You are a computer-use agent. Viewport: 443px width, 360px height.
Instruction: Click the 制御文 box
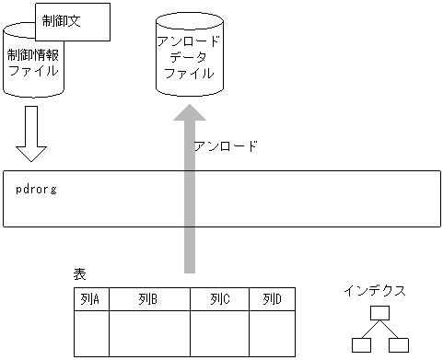click(x=73, y=21)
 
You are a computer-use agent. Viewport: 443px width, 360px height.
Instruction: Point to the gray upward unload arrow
click(x=189, y=193)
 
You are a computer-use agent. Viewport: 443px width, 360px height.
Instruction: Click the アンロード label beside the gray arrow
click(x=226, y=146)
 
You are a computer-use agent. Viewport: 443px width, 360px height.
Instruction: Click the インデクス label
click(x=375, y=291)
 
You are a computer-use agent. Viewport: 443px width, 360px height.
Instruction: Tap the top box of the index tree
click(x=379, y=313)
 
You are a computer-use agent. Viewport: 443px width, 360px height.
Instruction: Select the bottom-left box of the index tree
click(x=360, y=345)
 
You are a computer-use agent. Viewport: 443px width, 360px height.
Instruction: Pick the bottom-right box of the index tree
click(x=398, y=345)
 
